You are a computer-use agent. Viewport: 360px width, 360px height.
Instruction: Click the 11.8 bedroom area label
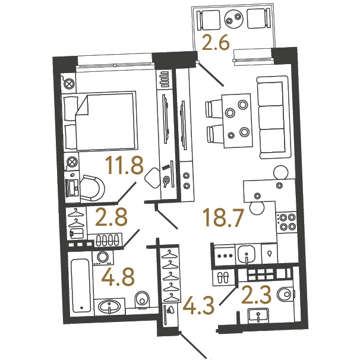(x=124, y=166)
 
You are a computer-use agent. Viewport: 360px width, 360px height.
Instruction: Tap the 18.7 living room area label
(x=223, y=217)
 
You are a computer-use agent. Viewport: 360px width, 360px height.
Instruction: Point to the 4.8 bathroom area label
(x=118, y=277)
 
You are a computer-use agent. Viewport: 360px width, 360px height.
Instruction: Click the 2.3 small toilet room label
(x=257, y=295)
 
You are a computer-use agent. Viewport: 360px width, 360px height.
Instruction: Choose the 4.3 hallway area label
(x=198, y=305)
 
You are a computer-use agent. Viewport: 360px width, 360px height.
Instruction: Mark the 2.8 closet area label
(x=111, y=217)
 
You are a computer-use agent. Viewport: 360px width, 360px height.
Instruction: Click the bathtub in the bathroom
(x=80, y=285)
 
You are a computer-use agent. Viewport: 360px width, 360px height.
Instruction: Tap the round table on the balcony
(x=233, y=19)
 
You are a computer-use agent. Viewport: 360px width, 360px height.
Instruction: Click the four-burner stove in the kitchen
(x=286, y=222)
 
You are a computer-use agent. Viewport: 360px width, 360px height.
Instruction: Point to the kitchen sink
(x=247, y=255)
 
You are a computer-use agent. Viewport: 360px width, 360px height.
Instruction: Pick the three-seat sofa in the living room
(x=273, y=117)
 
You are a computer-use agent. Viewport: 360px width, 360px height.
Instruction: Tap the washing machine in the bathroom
(x=103, y=258)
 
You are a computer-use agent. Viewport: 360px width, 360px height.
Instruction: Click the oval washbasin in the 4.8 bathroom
(x=109, y=307)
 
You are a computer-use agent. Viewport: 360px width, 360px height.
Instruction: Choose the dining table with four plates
(x=236, y=121)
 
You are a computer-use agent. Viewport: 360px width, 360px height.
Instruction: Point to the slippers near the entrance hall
(x=222, y=277)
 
